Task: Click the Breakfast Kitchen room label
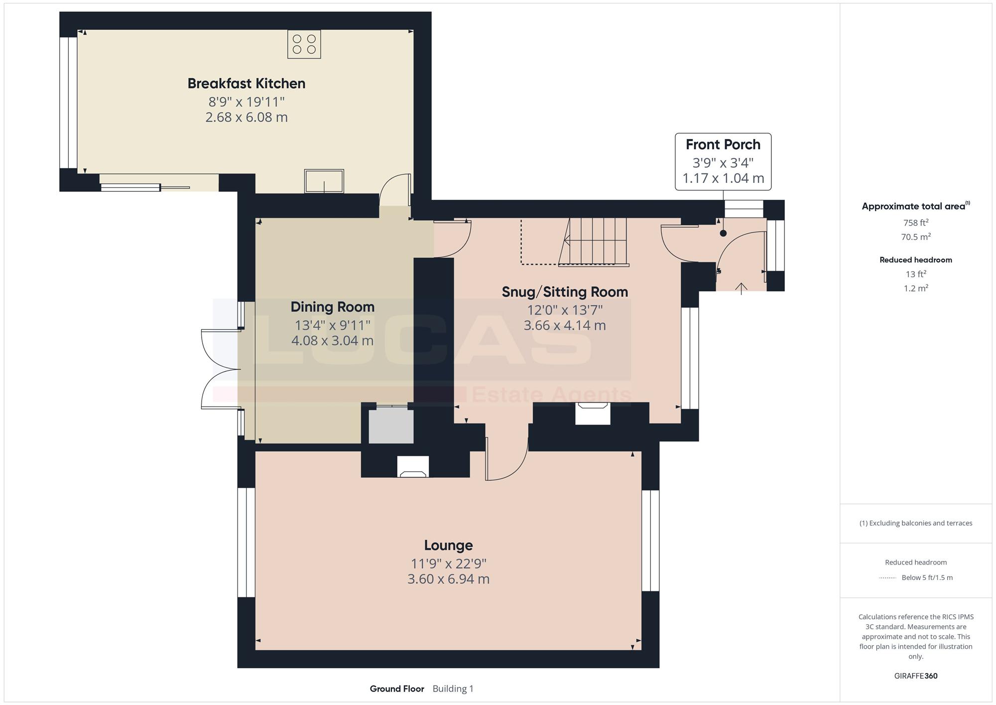click(x=247, y=83)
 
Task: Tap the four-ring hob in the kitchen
click(x=304, y=44)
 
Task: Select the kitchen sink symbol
click(x=324, y=181)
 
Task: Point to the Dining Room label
click(x=333, y=307)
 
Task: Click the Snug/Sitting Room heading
click(x=565, y=292)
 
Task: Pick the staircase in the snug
click(x=593, y=242)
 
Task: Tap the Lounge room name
click(x=448, y=545)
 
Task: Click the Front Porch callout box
click(x=723, y=161)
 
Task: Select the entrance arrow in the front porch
click(x=741, y=288)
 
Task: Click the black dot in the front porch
click(x=723, y=233)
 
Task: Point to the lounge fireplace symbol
click(x=413, y=467)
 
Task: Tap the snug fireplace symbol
click(x=593, y=414)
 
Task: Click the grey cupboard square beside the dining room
click(x=391, y=425)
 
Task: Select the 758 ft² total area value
click(x=916, y=222)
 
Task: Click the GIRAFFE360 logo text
click(x=916, y=676)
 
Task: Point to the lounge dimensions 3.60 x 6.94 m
click(x=448, y=579)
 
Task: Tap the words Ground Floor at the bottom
click(x=397, y=689)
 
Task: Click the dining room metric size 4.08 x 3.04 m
click(x=333, y=341)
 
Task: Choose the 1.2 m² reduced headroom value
click(x=916, y=288)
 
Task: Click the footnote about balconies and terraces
click(x=916, y=523)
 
